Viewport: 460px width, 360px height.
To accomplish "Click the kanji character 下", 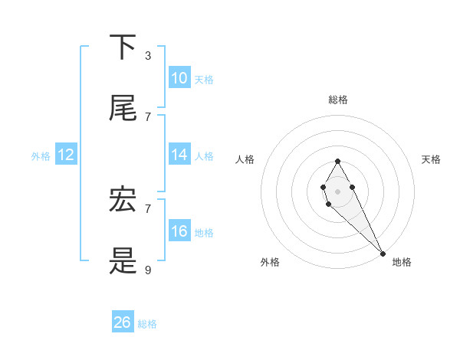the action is (x=123, y=48).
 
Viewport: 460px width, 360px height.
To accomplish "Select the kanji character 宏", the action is (x=123, y=201).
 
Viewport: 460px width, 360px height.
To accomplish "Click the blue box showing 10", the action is (x=179, y=78).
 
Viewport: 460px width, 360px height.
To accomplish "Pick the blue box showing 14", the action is (x=179, y=155).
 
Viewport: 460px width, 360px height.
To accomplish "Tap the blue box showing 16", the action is (x=179, y=231).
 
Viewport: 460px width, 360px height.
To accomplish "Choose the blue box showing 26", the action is (x=123, y=322).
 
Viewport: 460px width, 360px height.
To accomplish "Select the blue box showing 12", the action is (x=66, y=155).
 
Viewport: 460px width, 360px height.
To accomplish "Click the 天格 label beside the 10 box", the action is (x=204, y=79).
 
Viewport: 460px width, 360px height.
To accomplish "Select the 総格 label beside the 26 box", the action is (x=147, y=324).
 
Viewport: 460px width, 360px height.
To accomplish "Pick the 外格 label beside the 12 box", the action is (x=41, y=155).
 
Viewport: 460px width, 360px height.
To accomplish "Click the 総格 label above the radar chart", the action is (x=337, y=100).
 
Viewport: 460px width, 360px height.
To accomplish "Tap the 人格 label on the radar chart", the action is (x=245, y=159).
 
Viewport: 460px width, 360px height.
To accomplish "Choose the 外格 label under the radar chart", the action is (x=270, y=262).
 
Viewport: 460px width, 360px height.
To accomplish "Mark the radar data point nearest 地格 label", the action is (x=383, y=254).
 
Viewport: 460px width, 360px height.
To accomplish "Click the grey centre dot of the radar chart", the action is (x=337, y=190).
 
